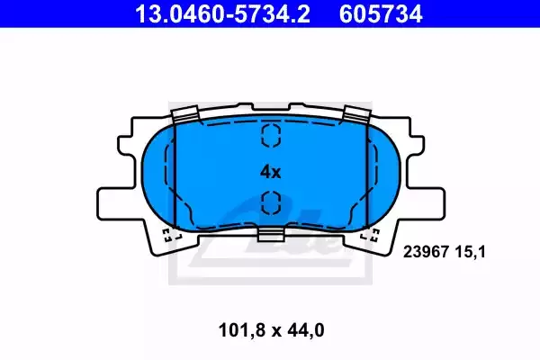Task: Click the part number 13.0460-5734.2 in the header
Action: tap(223, 13)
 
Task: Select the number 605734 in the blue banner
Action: tap(381, 13)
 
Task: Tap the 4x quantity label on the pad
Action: tap(270, 172)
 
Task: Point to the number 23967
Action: tap(426, 252)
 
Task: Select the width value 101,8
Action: tap(242, 330)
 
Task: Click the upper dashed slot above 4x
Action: tap(271, 135)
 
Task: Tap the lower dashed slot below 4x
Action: tap(271, 202)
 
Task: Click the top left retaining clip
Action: tap(184, 114)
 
